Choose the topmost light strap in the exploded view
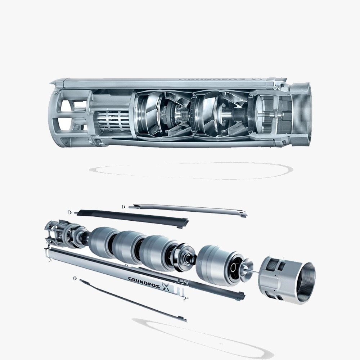click(x=187, y=209)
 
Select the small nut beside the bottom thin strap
click(x=75, y=278)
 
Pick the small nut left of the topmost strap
click(x=123, y=206)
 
